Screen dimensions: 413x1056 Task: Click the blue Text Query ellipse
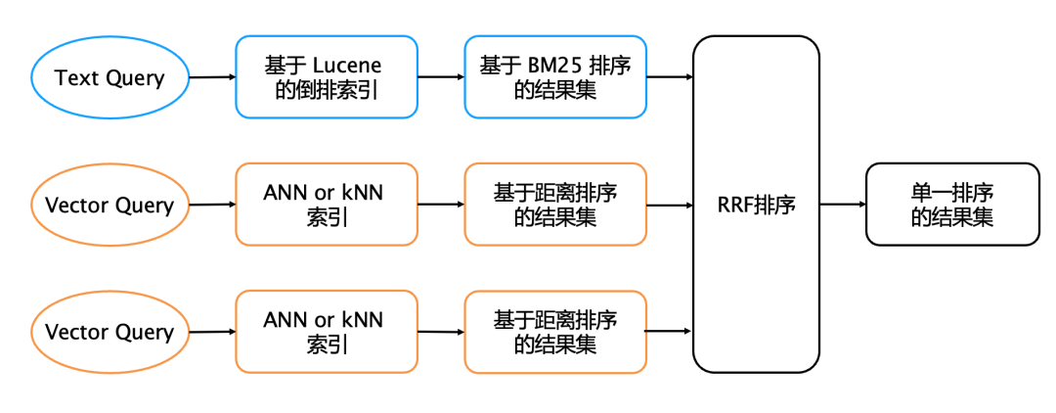pos(110,77)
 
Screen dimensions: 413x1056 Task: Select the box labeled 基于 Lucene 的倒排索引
pos(327,77)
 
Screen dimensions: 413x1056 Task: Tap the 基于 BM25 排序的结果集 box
pos(554,77)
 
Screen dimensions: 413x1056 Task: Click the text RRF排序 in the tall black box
pos(756,205)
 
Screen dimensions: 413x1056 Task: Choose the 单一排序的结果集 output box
pos(951,205)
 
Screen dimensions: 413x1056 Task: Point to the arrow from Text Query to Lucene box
pos(211,76)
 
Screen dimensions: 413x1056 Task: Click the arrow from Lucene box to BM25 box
pos(440,76)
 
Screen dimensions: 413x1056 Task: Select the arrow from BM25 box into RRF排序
pos(670,76)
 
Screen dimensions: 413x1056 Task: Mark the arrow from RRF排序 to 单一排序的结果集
pos(842,205)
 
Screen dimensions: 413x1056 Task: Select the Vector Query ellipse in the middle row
pos(110,205)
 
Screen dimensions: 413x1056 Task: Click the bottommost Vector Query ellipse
pos(110,332)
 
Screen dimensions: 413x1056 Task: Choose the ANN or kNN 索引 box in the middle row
pos(327,205)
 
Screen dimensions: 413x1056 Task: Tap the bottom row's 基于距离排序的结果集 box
pos(554,332)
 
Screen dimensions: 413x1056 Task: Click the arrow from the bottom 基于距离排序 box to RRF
pos(670,332)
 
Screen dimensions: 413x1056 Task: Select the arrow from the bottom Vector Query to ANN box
pos(211,332)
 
